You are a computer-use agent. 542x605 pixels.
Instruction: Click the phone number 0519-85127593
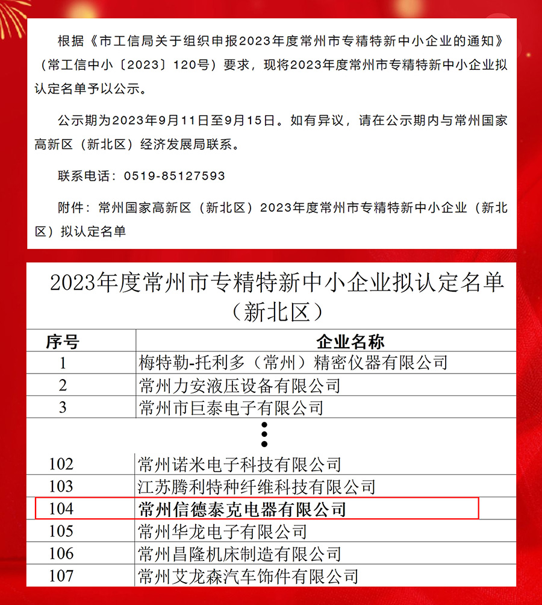click(174, 176)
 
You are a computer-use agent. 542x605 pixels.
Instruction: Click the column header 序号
click(63, 342)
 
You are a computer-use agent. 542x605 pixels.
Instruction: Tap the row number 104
click(61, 509)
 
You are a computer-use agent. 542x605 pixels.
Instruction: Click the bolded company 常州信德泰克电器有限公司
click(242, 509)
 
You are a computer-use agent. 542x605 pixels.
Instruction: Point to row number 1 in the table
click(63, 363)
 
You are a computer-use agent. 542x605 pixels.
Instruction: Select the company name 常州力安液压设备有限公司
click(239, 386)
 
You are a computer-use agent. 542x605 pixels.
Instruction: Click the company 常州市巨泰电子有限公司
click(231, 408)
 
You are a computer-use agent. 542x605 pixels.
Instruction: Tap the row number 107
click(61, 575)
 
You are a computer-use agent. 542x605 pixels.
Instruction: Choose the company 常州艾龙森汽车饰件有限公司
click(248, 575)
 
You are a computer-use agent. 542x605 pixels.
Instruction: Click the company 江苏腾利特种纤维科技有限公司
click(257, 486)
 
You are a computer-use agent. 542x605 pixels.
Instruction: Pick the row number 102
click(61, 464)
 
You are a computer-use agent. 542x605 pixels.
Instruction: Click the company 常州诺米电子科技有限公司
click(239, 464)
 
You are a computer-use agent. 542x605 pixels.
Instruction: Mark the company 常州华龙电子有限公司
click(222, 531)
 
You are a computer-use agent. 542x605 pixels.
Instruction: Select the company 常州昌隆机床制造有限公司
click(239, 553)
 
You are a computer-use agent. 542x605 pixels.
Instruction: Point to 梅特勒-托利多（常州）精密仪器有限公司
click(293, 363)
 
